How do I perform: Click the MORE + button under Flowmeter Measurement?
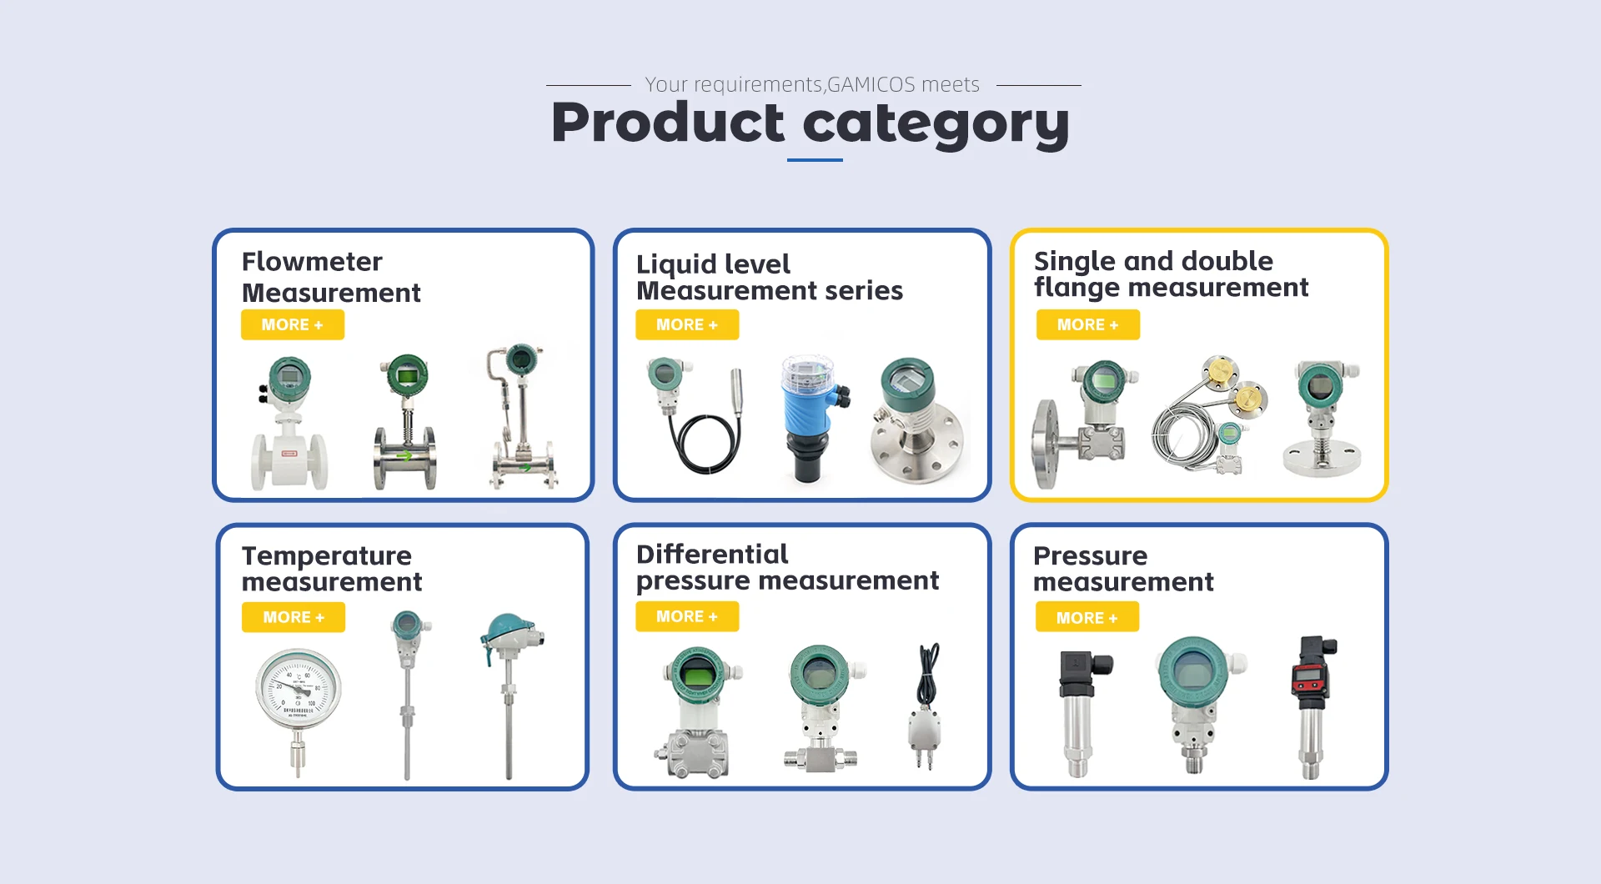(292, 325)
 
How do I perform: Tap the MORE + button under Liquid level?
(687, 325)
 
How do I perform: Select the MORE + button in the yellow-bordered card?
(1088, 325)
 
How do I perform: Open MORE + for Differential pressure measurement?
(687, 616)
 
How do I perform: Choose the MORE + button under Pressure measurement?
(1087, 618)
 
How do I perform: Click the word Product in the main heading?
(668, 123)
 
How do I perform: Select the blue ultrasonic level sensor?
(813, 419)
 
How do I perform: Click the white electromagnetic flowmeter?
(289, 424)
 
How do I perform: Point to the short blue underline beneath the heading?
(815, 160)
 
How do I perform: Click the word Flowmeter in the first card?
(312, 262)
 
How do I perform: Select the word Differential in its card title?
(712, 555)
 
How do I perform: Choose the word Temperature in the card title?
(327, 556)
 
